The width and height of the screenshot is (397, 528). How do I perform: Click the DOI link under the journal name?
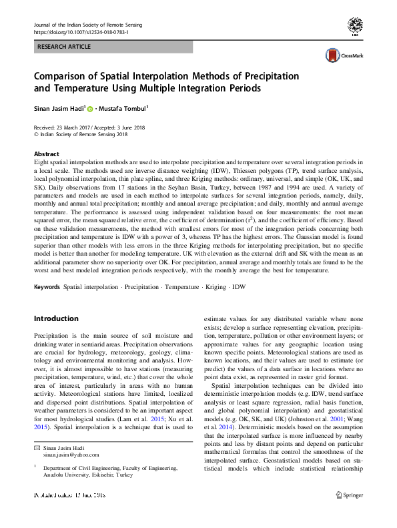pos(81,32)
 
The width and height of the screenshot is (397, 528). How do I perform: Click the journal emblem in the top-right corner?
pos(355,27)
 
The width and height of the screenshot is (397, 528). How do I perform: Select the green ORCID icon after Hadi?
pos(91,108)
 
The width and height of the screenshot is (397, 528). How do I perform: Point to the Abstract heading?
pos(46,154)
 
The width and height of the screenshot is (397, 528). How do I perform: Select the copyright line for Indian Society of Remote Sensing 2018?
pos(83,134)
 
